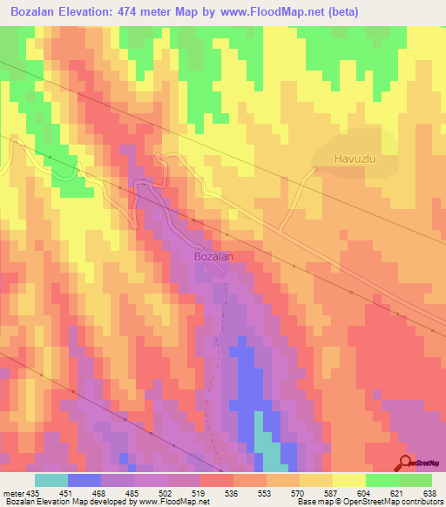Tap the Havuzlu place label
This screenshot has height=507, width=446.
[x=355, y=159]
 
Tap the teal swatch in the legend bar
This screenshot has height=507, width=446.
[x=51, y=480]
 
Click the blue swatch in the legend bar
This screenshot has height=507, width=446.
[x=84, y=480]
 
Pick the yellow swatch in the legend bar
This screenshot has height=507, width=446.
[x=348, y=480]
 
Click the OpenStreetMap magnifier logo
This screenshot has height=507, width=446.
[x=405, y=463]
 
